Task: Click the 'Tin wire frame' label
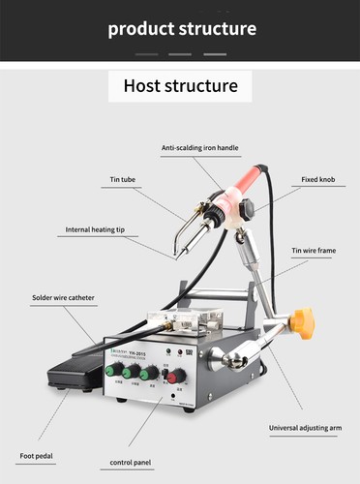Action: point(315,250)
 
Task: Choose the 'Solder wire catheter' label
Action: point(63,298)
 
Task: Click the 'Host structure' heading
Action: point(180,85)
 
